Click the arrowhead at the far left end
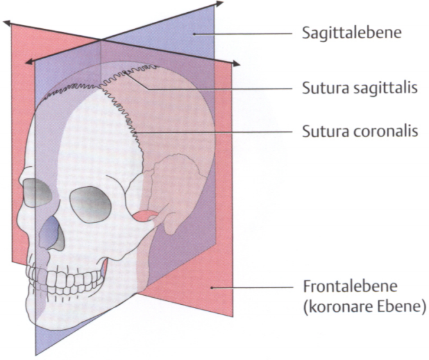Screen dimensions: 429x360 (6, 23)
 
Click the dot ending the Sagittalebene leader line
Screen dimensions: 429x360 (194, 33)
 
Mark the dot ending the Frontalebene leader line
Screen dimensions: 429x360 (212, 288)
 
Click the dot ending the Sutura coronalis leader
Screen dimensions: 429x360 (136, 132)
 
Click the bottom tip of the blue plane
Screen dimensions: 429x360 (36, 353)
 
